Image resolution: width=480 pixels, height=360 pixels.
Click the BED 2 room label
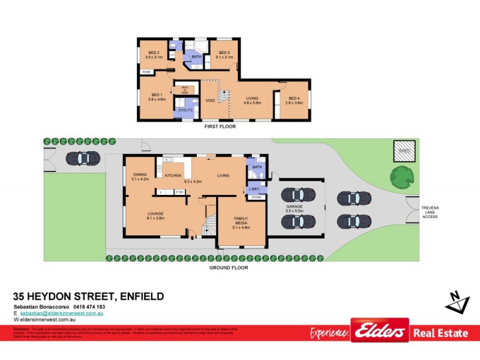(x=154, y=52)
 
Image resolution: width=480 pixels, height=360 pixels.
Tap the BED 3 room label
(x=224, y=52)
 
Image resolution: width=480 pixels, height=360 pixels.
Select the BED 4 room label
(x=293, y=98)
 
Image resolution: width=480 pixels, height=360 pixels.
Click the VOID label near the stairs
(x=210, y=100)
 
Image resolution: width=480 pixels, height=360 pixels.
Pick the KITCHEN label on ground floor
(x=173, y=176)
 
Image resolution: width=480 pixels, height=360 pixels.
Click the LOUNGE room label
(x=156, y=214)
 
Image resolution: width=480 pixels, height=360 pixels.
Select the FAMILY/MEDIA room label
(x=241, y=222)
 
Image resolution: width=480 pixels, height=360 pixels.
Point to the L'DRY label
(x=254, y=189)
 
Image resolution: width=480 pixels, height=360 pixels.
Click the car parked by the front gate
(x=80, y=158)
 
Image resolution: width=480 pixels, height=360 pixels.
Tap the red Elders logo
(x=380, y=331)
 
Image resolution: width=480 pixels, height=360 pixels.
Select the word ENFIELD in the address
(x=142, y=297)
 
